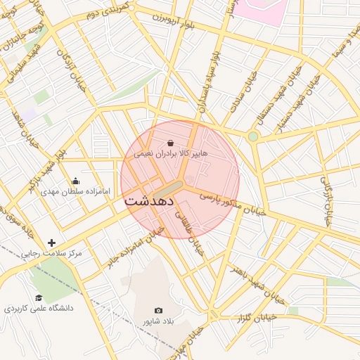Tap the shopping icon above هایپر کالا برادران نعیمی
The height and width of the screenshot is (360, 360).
[x=171, y=143]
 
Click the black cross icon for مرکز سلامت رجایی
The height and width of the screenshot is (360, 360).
[x=51, y=243]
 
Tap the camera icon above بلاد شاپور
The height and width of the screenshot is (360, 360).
[x=158, y=311]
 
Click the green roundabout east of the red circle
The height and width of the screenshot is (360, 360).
[x=253, y=136]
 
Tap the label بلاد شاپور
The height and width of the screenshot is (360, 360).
[x=159, y=321]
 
